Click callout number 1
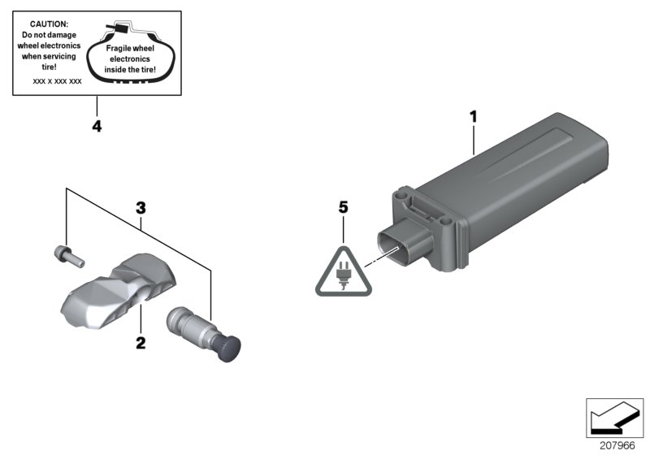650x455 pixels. pos(472,116)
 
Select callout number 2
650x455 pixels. pos(140,344)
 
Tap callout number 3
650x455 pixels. pos(140,208)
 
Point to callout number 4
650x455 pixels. pos(97,128)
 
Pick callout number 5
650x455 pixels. pos(343,209)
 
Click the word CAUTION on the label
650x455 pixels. pos(50,25)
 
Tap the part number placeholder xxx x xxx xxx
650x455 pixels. pos(57,82)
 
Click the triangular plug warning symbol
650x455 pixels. pos(343,268)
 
